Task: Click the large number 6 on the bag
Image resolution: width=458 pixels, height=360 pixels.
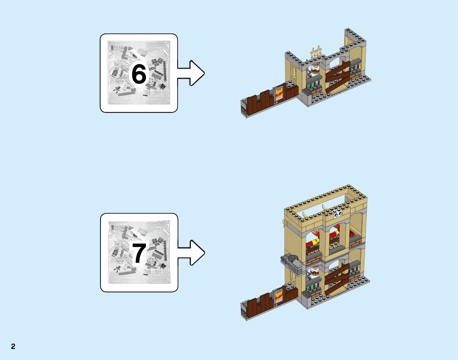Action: click(139, 74)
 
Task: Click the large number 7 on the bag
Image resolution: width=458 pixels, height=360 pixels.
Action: click(139, 253)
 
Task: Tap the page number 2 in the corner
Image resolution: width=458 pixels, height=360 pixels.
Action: click(13, 346)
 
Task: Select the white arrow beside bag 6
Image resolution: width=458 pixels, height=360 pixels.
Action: click(191, 73)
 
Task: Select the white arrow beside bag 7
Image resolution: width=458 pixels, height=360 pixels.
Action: click(191, 253)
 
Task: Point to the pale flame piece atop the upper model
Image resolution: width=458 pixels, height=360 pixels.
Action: click(316, 52)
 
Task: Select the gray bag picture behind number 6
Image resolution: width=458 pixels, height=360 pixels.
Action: click(139, 72)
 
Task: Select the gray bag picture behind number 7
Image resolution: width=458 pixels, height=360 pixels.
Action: click(139, 252)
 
